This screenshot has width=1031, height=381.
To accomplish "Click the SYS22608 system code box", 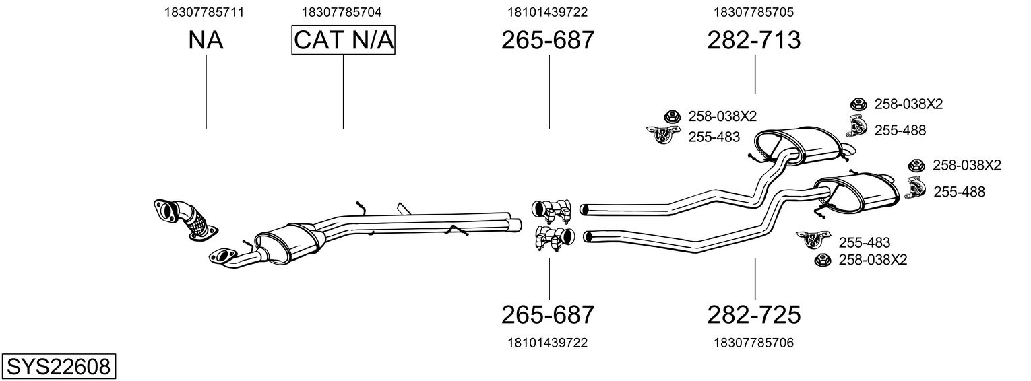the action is [59, 366].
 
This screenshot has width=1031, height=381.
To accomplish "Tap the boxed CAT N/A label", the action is [344, 40].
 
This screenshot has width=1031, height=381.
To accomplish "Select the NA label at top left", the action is [206, 40].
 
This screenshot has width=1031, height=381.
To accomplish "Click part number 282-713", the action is [754, 40].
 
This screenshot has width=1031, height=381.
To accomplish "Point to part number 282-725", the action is [754, 315].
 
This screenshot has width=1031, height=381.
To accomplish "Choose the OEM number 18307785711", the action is [204, 12].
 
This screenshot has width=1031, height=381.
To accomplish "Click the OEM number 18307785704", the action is [342, 12].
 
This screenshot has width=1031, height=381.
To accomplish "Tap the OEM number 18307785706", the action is [754, 343].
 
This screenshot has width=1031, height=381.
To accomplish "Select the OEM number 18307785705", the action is [754, 12].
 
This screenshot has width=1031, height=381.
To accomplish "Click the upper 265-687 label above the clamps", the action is [548, 40].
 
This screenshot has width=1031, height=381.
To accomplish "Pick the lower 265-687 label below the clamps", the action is [548, 315].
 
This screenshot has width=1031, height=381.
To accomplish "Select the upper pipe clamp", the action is [551, 209].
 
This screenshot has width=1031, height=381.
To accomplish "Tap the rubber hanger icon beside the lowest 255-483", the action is [813, 240].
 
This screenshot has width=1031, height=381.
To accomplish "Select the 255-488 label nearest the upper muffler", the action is [900, 131].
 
